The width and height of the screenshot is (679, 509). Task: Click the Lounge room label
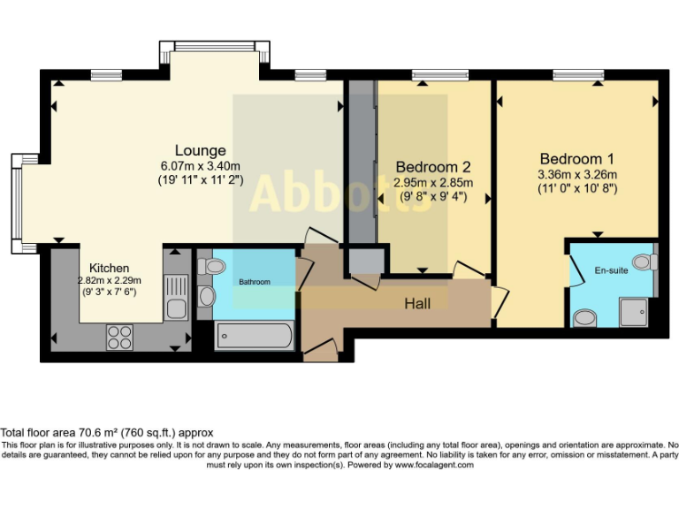tap(200, 150)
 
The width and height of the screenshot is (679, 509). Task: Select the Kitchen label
tap(110, 268)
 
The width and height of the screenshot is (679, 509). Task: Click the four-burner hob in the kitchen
tap(119, 336)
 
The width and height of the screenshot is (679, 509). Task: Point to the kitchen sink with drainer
tap(175, 296)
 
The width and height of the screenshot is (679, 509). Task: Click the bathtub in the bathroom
tap(254, 336)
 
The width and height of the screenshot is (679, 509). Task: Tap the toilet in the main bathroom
tap(211, 266)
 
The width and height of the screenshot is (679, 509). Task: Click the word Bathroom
tap(254, 282)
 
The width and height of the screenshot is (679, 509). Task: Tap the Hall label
tap(417, 303)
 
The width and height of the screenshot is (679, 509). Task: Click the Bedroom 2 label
tap(432, 167)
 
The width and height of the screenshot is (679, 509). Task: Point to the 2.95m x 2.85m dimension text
tap(434, 183)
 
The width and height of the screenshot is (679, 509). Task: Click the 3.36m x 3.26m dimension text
tap(577, 174)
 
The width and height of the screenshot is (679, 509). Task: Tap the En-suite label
tap(611, 270)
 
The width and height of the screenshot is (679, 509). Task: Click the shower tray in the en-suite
tap(634, 309)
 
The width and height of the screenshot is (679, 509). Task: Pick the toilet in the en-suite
tap(643, 262)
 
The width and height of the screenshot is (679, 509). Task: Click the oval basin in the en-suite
tap(584, 317)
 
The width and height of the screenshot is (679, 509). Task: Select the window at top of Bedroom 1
tap(578, 73)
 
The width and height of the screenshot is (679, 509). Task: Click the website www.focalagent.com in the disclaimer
tap(433, 464)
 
